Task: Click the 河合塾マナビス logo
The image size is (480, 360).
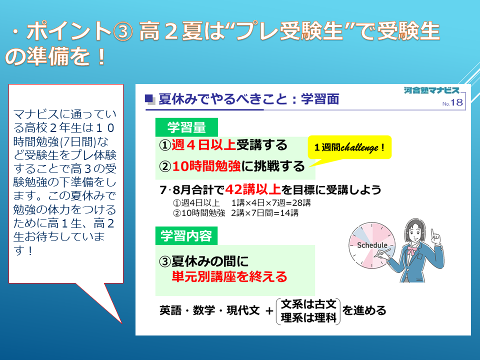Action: click(431, 90)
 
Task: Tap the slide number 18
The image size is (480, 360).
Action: click(456, 102)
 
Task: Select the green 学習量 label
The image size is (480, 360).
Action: click(186, 127)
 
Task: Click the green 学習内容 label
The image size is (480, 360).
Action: click(186, 235)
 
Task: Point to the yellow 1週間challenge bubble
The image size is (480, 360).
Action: click(349, 148)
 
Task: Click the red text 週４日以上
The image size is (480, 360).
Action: click(203, 145)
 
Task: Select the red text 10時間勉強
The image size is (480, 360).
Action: click(206, 166)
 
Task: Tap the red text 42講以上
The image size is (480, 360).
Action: click(253, 190)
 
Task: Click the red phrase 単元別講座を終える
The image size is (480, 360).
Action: click(229, 276)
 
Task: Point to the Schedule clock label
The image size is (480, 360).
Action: click(372, 245)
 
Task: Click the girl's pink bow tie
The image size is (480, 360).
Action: click(411, 250)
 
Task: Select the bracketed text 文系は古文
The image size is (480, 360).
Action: click(308, 304)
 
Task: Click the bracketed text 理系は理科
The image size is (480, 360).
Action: click(308, 318)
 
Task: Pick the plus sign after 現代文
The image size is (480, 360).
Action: click(269, 311)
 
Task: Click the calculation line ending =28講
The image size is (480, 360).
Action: click(242, 203)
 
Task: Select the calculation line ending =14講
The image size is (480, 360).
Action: click(235, 213)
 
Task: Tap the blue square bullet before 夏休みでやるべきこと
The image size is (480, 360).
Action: click(149, 98)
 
